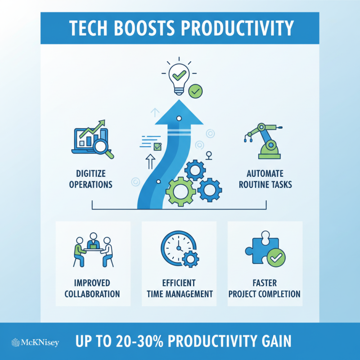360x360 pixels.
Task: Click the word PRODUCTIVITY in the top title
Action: tap(238, 28)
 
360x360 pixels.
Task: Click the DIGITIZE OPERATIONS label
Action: tap(91, 179)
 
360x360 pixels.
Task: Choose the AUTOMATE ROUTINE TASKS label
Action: tap(269, 179)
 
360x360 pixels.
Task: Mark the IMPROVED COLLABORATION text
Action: tap(92, 288)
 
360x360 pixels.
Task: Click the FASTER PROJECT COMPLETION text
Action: tap(264, 288)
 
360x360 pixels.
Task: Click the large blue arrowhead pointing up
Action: tap(179, 117)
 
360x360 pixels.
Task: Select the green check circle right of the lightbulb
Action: tap(195, 91)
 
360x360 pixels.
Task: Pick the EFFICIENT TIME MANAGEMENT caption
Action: tap(179, 288)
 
